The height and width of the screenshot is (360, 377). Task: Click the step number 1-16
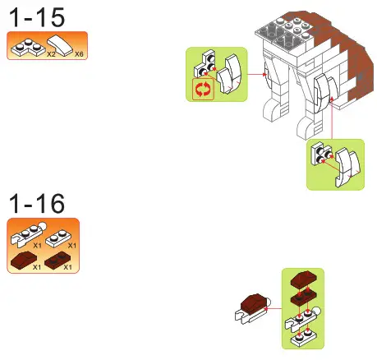(x=36, y=203)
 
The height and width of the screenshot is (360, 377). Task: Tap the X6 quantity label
(x=78, y=53)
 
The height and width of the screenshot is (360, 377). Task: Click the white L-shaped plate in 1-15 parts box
(x=26, y=48)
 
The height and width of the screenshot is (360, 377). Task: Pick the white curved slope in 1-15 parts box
(x=64, y=46)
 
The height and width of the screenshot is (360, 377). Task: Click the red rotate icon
(x=202, y=90)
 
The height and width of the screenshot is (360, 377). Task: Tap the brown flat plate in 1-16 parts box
(x=57, y=261)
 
